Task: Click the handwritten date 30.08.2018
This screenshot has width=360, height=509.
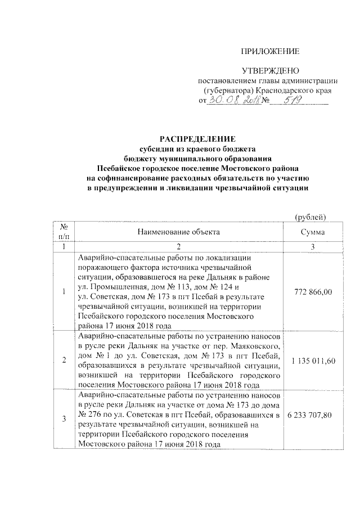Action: [230, 100]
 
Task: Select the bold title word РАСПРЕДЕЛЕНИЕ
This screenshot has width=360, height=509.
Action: [193, 138]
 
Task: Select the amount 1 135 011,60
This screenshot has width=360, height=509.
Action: [313, 358]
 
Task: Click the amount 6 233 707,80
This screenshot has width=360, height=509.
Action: [313, 417]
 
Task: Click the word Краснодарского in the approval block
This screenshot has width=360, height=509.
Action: [283, 91]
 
